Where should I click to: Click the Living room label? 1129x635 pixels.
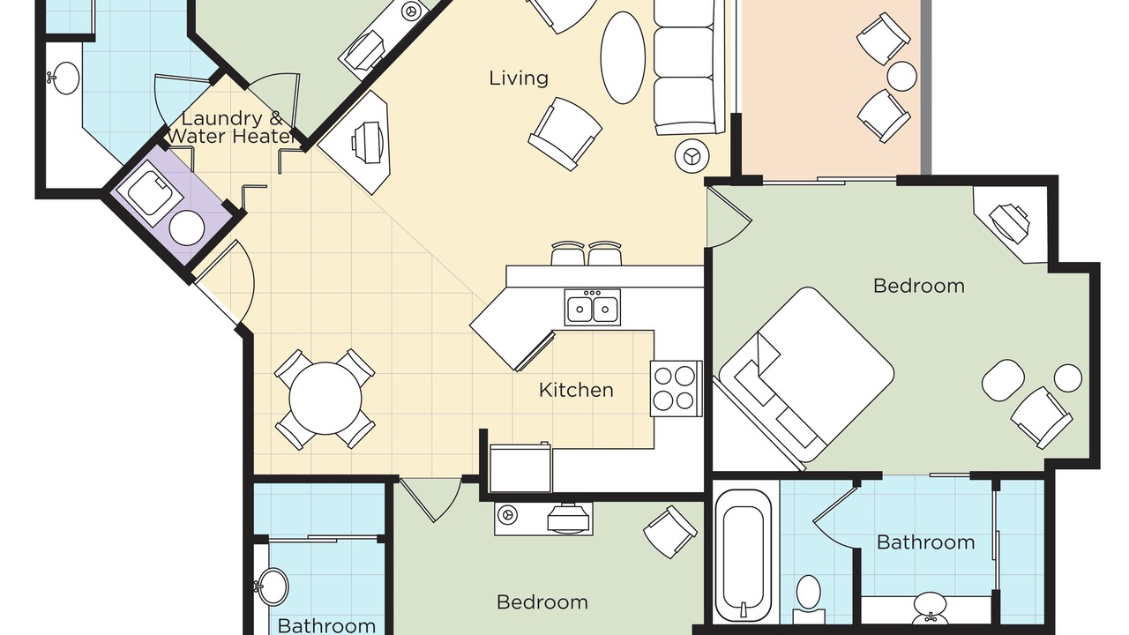click(x=519, y=78)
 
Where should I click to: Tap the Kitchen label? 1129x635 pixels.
click(x=576, y=390)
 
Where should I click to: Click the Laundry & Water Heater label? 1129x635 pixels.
click(x=231, y=128)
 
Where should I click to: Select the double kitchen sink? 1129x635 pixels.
click(x=592, y=308)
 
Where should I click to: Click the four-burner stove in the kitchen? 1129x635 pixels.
click(x=676, y=389)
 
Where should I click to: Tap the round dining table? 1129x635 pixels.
click(x=325, y=399)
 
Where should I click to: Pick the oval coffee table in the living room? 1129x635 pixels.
click(x=623, y=58)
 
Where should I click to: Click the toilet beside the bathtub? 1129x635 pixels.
click(x=809, y=600)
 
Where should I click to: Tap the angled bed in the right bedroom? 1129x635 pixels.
click(x=806, y=375)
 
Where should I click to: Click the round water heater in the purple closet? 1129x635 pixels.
click(x=187, y=228)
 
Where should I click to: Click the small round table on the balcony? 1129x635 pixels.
click(x=901, y=76)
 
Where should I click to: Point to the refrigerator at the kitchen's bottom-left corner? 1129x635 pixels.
click(x=520, y=468)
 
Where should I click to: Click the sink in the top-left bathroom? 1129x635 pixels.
click(x=64, y=78)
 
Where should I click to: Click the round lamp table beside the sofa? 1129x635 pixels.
click(x=692, y=156)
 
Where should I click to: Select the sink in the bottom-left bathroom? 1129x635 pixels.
click(x=273, y=586)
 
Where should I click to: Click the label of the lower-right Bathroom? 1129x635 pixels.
click(x=926, y=542)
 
